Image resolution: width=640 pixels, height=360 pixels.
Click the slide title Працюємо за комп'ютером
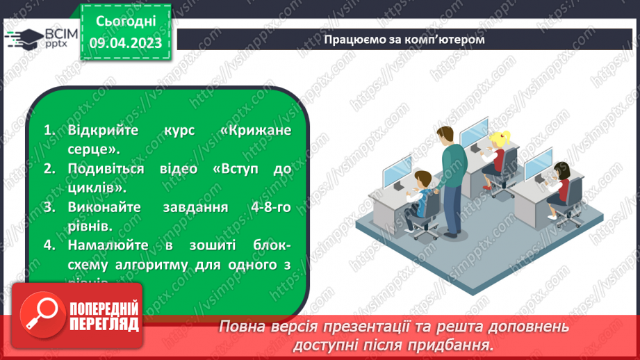404,39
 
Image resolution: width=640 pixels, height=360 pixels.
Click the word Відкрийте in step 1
97,131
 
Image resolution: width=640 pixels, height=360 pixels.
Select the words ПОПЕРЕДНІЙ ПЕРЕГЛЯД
102,316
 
